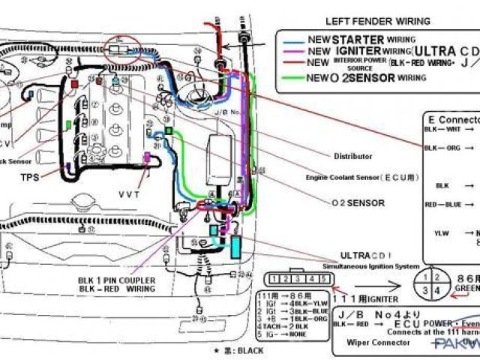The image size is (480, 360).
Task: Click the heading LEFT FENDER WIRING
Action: pos(367,20)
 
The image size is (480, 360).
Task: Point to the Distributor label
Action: pos(352,156)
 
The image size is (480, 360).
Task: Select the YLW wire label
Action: pos(442,233)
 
